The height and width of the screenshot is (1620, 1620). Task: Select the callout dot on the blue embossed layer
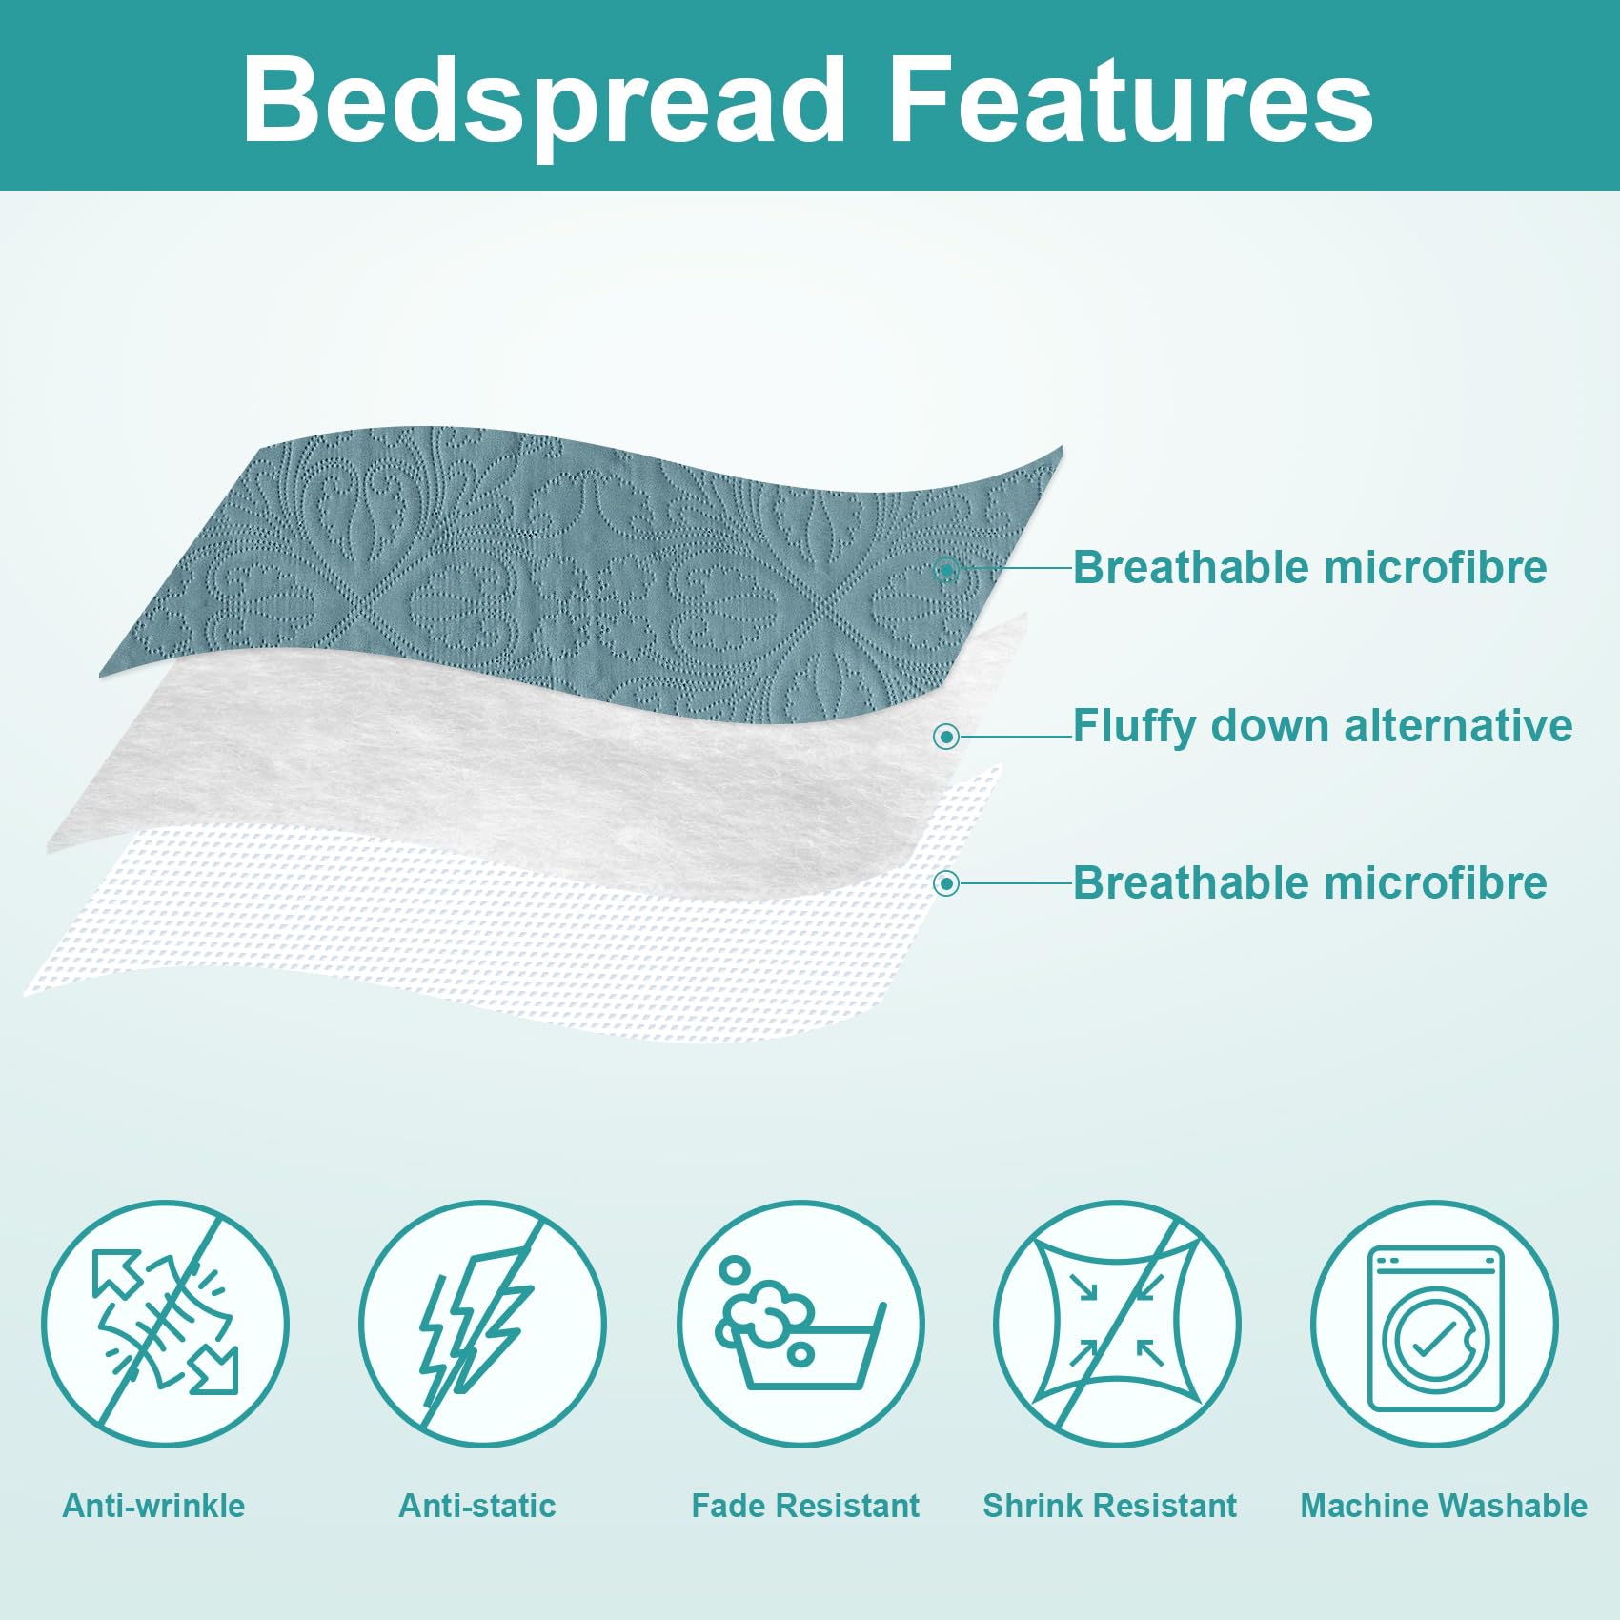coord(946,571)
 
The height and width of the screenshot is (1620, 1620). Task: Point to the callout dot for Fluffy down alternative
coord(946,737)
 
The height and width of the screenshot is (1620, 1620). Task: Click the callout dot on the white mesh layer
coord(946,884)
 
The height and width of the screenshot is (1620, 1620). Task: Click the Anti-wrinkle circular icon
coord(165,1324)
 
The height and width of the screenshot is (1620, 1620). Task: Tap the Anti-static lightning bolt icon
coord(482,1324)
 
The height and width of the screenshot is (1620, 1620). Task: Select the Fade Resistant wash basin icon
coord(800,1324)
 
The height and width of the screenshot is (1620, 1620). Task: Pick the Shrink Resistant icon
coord(1117,1324)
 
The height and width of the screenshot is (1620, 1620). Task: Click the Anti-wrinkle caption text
coord(153,1506)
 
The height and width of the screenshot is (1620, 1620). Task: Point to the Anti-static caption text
coord(476,1506)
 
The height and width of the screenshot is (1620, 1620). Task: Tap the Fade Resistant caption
coord(805,1506)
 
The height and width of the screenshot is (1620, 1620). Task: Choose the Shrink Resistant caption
coord(1109,1506)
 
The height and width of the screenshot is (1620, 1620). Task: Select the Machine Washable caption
coord(1444,1506)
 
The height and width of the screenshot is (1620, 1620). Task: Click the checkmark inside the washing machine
coord(1432,1340)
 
